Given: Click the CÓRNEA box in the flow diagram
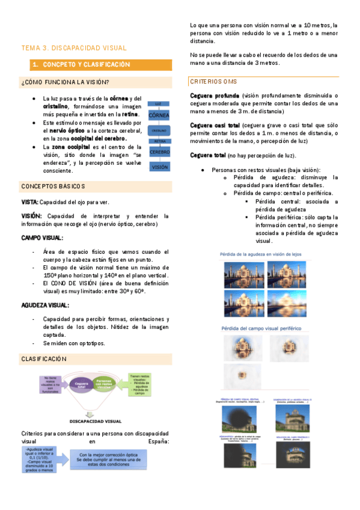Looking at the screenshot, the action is point(159,114).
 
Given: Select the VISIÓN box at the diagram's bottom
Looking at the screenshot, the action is point(159,167).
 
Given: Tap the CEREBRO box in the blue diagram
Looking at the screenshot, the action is point(159,152).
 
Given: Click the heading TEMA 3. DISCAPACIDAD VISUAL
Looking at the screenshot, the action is point(74,48).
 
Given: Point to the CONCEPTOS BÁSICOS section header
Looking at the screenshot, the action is point(53,186).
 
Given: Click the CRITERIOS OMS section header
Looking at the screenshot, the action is point(213,81).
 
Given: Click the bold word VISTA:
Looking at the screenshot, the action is point(30,202).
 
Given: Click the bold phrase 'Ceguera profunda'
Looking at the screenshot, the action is point(215,96).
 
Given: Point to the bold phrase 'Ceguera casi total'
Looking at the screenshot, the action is point(215,125).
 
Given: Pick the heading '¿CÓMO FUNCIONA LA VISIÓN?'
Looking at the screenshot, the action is point(65,82).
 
